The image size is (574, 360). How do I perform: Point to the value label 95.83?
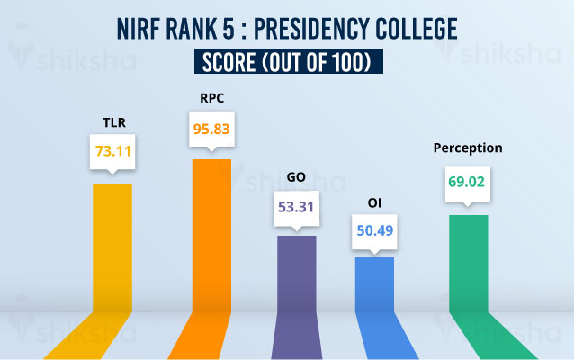point(212,128)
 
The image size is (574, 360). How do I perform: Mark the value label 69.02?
point(467,180)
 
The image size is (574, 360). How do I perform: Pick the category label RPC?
point(211,96)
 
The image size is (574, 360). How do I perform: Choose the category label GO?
point(296,178)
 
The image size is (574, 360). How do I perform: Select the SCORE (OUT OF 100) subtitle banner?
point(287,61)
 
